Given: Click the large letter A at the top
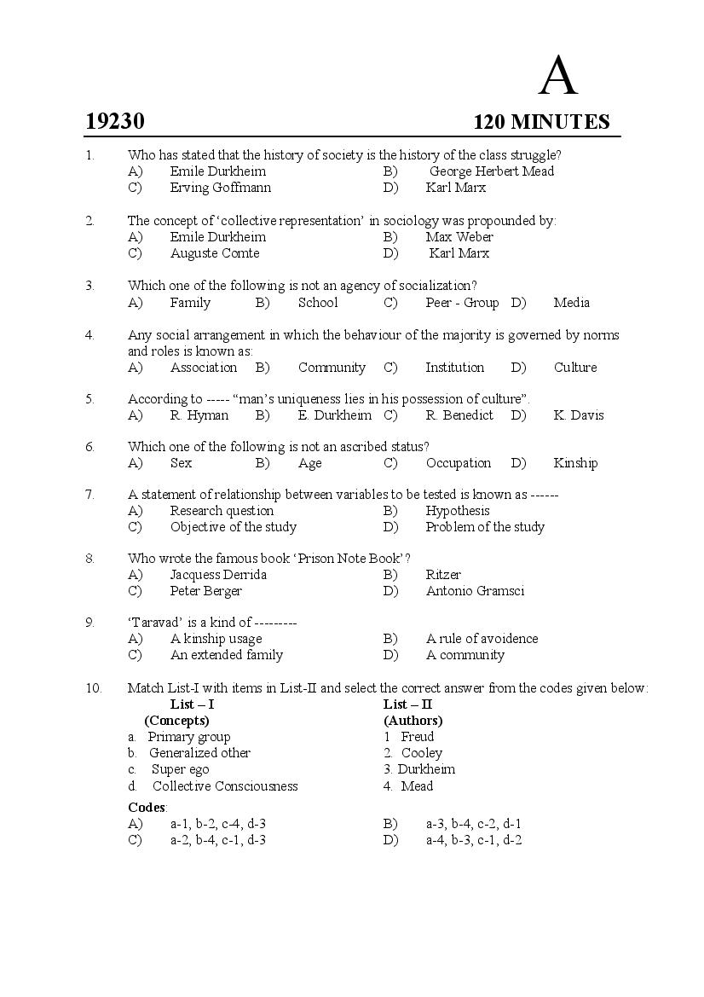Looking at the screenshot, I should click(x=558, y=76).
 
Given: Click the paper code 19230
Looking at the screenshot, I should click(x=115, y=122).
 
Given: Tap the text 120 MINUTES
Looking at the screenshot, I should click(x=541, y=122).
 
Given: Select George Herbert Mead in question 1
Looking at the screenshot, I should click(x=491, y=171).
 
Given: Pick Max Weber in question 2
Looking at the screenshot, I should click(x=459, y=237).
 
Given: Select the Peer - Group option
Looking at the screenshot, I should click(x=462, y=303).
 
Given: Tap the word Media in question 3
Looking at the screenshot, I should click(x=571, y=303).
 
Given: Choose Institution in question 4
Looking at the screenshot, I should click(x=454, y=368).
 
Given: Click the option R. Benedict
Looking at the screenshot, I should click(x=459, y=415).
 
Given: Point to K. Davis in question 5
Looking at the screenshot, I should click(x=578, y=415).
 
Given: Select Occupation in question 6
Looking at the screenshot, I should click(x=459, y=463).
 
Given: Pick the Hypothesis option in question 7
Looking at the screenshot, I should click(x=458, y=511).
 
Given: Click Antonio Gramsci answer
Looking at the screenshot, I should click(x=475, y=591).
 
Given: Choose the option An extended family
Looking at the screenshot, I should click(x=226, y=655).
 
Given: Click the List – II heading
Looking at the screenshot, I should click(x=407, y=704).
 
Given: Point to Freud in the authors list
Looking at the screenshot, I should click(x=418, y=737).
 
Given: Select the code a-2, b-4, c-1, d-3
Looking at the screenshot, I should click(x=217, y=840).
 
